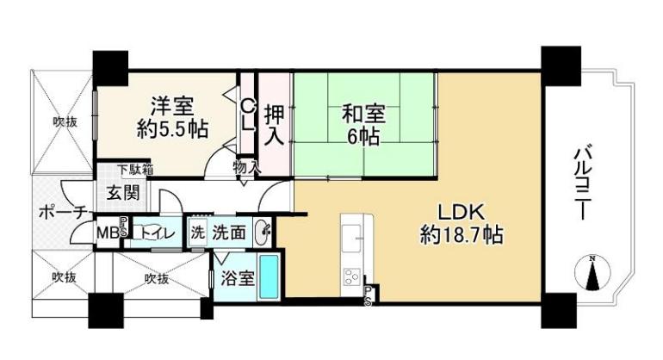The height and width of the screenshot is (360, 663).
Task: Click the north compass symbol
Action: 592,273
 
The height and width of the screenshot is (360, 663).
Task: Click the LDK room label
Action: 461,212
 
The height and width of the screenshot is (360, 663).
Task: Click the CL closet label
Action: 248,115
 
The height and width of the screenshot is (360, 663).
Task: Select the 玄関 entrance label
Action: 122,193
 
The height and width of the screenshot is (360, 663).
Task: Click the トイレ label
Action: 158,233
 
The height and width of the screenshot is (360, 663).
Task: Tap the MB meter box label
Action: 108,233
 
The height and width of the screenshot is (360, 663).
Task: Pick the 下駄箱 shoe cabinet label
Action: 135,169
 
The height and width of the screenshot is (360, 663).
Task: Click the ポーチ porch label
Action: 62,212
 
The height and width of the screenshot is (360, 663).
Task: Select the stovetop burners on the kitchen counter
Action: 352,277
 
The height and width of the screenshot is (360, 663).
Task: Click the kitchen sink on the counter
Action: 352,239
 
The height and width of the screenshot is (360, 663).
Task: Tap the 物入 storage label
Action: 246,167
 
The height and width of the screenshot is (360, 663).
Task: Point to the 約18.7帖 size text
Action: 462,235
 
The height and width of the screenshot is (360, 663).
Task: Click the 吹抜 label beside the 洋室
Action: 65,122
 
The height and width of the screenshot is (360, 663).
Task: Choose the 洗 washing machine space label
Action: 197,233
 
